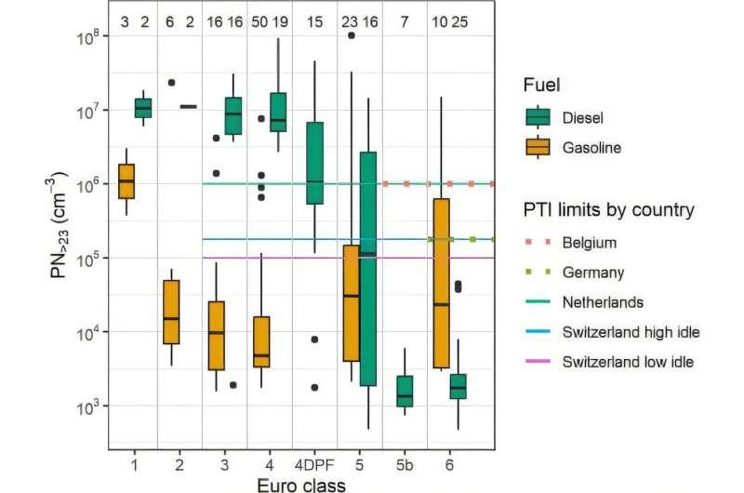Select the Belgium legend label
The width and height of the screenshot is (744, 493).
[x=590, y=243]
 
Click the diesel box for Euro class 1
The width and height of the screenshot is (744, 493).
[x=143, y=108]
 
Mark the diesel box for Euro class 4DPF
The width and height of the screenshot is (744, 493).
[x=314, y=163]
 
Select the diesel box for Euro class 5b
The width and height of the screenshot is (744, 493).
[x=405, y=391]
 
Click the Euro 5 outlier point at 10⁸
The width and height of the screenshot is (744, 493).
[x=351, y=35]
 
